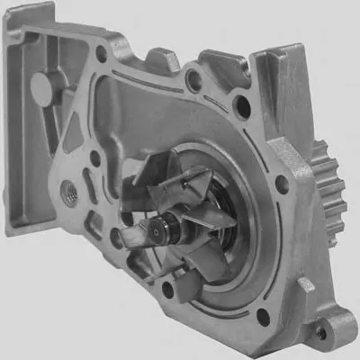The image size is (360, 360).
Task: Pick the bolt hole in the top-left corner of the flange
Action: pyautogui.click(x=101, y=54)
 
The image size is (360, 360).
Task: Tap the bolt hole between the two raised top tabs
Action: pyautogui.click(x=193, y=80)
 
